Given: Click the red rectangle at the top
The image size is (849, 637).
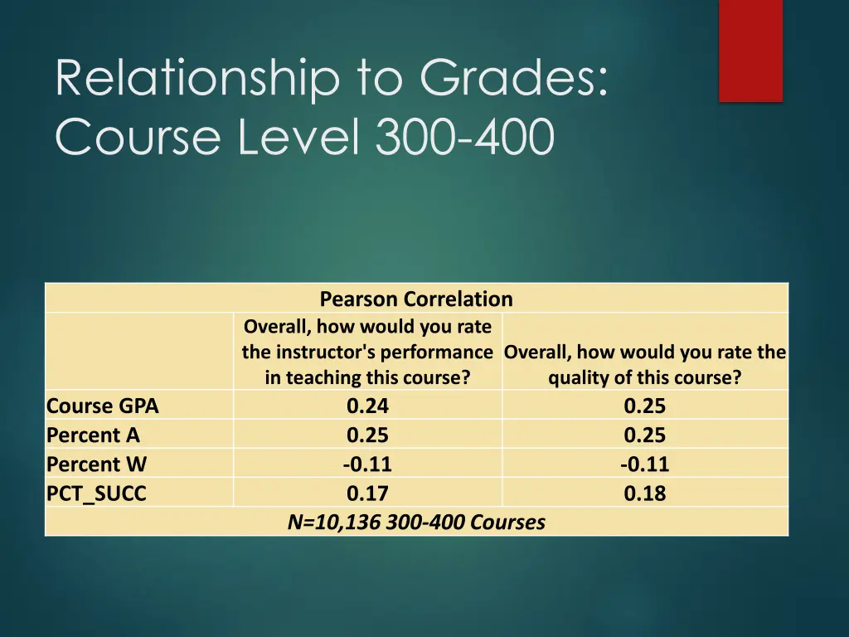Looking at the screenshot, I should pos(750,51).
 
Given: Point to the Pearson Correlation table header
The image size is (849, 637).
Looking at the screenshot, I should pos(416,299).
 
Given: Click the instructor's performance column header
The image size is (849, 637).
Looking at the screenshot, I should pos(367,353).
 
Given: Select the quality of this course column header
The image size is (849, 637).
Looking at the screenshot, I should pos(644,365).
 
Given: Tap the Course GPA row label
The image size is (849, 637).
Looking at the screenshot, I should pos(102,406).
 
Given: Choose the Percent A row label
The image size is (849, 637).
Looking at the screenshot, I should pos(93,435).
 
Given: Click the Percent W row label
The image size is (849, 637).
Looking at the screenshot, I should pos(96,464).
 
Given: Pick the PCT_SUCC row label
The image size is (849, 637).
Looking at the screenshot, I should pos(96,494).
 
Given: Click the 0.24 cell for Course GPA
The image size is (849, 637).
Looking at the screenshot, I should pos(367,406).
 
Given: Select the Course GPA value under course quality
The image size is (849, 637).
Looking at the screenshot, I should pos(644,406).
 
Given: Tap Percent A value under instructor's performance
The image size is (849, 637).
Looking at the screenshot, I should pos(367,435).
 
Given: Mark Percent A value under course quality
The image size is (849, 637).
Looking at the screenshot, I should pos(644,435).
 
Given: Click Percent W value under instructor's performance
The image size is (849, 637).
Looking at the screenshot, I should pos(367,464).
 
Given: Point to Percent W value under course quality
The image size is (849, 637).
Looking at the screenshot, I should pos(644,464).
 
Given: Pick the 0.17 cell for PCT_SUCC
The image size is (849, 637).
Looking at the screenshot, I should pos(367,494).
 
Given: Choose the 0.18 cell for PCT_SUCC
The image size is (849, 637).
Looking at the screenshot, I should pos(644,494).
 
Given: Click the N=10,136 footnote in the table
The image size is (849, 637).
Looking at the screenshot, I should pos(416,523).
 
